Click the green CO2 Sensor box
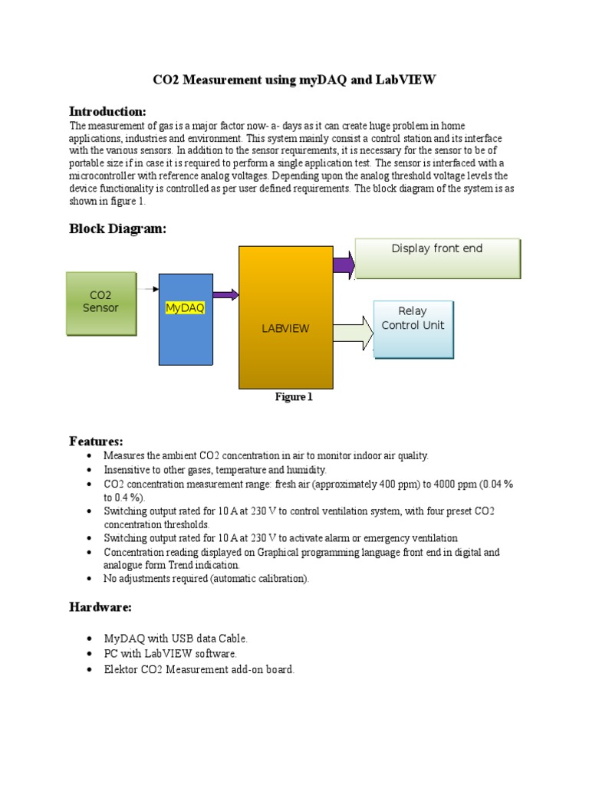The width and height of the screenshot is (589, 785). click(101, 303)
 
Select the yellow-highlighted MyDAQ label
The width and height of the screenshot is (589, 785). click(185, 307)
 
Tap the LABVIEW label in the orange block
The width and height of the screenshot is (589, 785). click(285, 328)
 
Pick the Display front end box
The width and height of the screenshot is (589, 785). click(437, 258)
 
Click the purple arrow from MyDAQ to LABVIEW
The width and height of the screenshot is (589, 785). click(225, 294)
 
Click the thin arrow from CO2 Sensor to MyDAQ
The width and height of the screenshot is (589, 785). click(149, 289)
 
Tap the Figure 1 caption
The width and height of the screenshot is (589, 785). click(294, 397)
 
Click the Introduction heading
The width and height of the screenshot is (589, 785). click(107, 111)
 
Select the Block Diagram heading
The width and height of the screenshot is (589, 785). click(117, 228)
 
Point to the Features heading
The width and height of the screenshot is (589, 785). click(96, 441)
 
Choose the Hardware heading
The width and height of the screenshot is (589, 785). click(100, 607)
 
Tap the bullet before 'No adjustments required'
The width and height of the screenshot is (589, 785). click(90, 579)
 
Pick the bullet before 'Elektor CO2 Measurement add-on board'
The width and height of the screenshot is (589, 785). click(90, 669)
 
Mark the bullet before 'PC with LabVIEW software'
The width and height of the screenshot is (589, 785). click(90, 654)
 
